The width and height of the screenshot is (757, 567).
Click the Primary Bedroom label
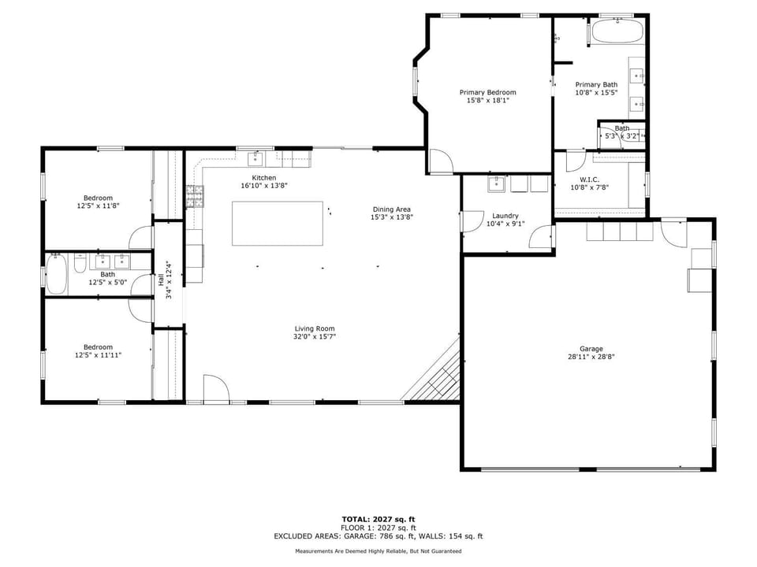[x=487, y=92]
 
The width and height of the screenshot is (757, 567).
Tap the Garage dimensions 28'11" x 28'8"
[x=591, y=357]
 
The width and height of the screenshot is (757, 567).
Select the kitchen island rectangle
[x=278, y=224]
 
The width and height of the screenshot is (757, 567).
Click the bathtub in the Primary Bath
[x=617, y=31]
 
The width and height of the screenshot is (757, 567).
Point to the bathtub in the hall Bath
[x=57, y=274]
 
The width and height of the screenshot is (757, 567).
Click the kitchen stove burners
[x=195, y=196]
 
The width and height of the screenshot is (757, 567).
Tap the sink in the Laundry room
[x=496, y=184]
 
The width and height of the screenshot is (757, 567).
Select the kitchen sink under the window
[x=255, y=158]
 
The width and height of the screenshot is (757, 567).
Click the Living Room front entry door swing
[x=216, y=388]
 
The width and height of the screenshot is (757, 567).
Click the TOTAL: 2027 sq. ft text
[x=378, y=519]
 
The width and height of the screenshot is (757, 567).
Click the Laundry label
[x=505, y=216]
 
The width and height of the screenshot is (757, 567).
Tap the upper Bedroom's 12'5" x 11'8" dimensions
[x=98, y=206]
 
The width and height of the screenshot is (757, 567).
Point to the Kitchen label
[x=264, y=178]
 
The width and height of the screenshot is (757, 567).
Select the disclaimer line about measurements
[x=378, y=551]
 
